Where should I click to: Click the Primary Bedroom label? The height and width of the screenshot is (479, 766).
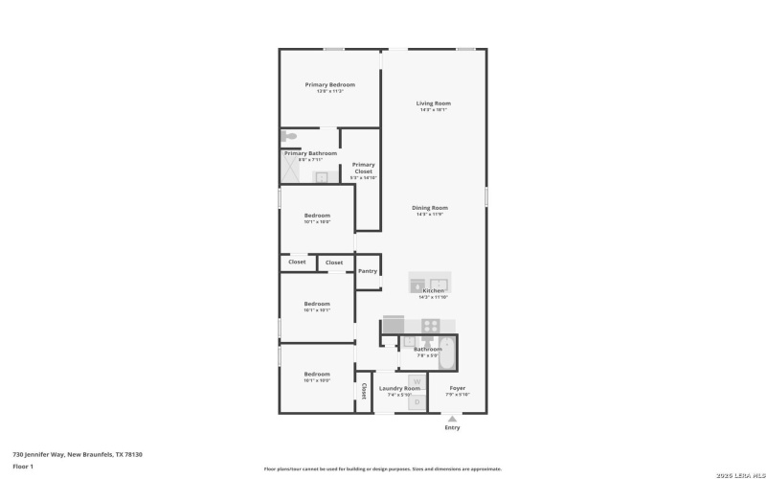tap(329, 84)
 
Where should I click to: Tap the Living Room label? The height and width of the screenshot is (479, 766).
tap(433, 103)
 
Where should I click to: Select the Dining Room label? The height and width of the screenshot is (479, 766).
tap(430, 207)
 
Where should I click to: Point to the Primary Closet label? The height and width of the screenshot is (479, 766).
tap(363, 168)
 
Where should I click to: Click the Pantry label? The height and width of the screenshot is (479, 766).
tap(368, 271)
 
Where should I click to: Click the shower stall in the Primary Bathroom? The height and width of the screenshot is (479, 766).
tap(291, 171)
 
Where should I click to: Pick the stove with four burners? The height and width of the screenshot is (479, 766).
tap(431, 325)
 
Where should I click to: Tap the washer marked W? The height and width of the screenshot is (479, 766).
tap(417, 381)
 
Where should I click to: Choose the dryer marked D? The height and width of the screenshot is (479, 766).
tap(417, 403)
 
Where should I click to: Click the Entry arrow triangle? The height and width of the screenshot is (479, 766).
tap(452, 418)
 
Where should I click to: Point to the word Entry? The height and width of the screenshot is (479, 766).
tap(452, 427)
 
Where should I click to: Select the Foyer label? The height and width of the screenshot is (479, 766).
tap(458, 388)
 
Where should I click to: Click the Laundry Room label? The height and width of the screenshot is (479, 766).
tap(399, 388)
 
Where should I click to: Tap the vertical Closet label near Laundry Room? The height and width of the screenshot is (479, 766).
tap(364, 391)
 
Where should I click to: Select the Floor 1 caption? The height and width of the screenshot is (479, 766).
tap(23, 467)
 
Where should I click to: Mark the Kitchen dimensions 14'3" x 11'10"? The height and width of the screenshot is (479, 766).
tap(433, 297)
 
